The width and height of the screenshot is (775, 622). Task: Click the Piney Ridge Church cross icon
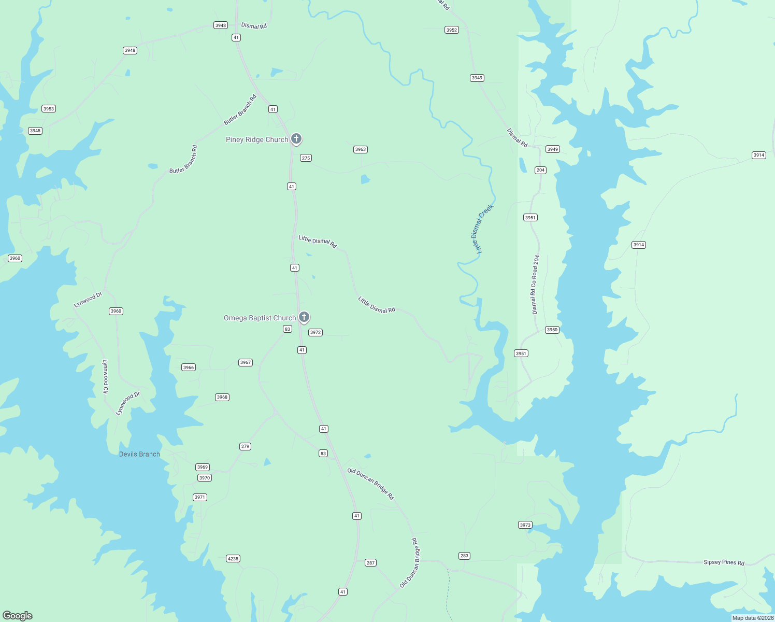coord(296,138)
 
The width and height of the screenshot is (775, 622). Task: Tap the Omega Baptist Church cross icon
coord(304,317)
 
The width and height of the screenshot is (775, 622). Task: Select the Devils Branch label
coord(139,454)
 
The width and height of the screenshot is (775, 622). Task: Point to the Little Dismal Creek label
coord(482,229)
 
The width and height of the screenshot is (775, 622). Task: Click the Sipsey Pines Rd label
coord(724,562)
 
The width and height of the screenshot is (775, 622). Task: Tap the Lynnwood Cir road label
coord(105,376)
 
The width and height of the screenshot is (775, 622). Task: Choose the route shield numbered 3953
coord(49,109)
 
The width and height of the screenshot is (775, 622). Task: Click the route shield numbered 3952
coord(452,30)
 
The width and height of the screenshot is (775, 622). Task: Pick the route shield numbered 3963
coord(361,149)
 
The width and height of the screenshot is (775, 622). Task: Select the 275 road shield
coord(306,158)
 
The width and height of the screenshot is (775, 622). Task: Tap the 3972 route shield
coord(315,332)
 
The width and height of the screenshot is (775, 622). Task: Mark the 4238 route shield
coord(233,559)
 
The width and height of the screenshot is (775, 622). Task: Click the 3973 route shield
coord(525,525)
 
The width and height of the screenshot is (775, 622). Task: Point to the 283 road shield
coord(464,556)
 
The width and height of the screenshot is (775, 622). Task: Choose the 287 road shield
coord(370,563)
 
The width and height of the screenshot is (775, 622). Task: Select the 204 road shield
coord(541,170)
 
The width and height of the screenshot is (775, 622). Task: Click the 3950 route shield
coord(552,330)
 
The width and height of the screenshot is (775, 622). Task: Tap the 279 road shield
coord(246,446)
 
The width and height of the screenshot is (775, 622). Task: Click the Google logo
coord(18,615)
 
